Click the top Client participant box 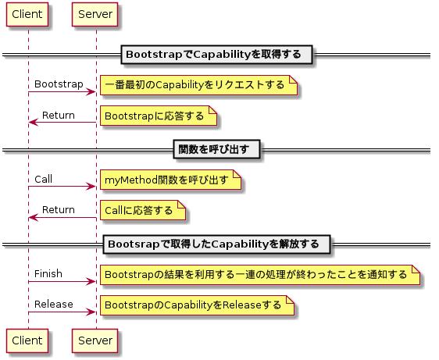(x=27, y=15)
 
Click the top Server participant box (x=95, y=15)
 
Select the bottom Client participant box (x=27, y=340)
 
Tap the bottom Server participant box (x=95, y=340)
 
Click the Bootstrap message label (x=59, y=84)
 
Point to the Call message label (x=44, y=179)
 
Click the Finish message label (x=48, y=273)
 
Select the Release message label (x=53, y=304)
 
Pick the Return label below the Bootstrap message (x=59, y=115)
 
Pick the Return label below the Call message (x=59, y=209)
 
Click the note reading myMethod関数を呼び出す (x=170, y=180)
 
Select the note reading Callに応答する (x=143, y=210)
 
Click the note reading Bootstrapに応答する (x=159, y=116)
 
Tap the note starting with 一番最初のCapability (x=198, y=85)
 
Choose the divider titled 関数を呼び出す (x=216, y=149)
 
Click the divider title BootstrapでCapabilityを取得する (x=216, y=55)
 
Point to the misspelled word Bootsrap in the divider (x=134, y=244)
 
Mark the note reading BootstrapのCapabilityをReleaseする (x=197, y=305)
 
